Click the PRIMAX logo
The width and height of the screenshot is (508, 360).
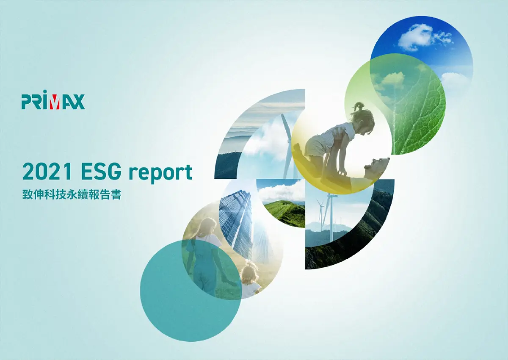point(53,101)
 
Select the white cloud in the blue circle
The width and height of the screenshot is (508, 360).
point(419,36)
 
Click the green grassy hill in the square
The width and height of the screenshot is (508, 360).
point(284,212)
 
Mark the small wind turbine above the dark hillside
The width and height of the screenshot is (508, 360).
point(323,212)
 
